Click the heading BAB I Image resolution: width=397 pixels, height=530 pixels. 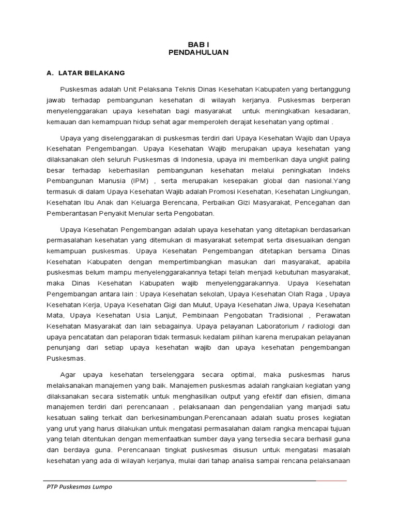coord(198,45)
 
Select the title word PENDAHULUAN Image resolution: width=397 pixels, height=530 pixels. coord(198,52)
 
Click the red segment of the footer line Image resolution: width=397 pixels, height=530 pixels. coord(331,480)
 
